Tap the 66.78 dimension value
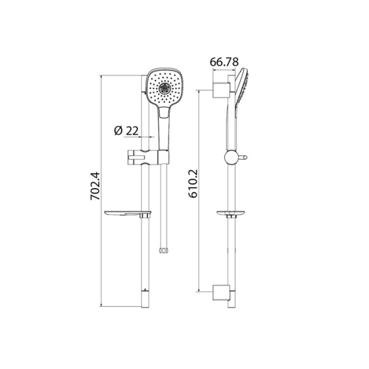[x=224, y=62]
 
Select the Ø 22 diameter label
[x=126, y=130]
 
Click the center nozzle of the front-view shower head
[x=164, y=87]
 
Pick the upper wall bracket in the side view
[x=220, y=89]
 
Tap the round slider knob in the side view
[x=232, y=157]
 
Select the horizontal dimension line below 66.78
[x=223, y=73]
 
